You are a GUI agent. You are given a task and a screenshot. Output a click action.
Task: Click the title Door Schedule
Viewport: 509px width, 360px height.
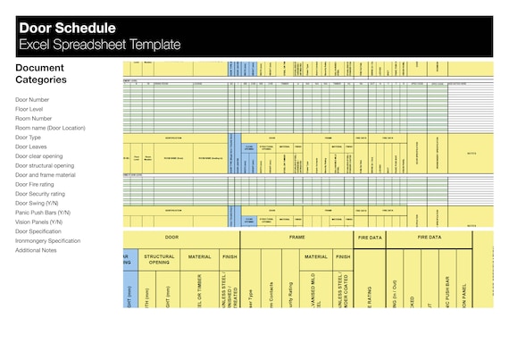click(68, 28)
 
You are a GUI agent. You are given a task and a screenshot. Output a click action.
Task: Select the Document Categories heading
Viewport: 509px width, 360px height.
click(40, 73)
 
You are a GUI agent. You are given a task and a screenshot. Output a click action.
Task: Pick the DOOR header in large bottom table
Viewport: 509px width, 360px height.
click(171, 238)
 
